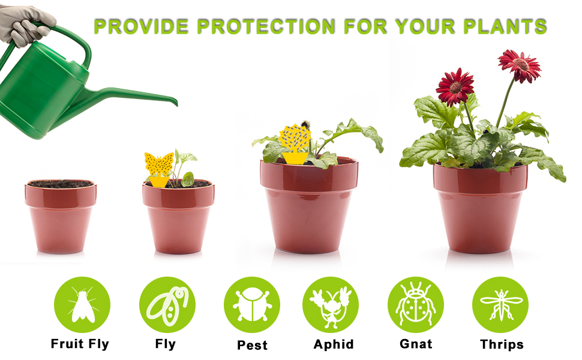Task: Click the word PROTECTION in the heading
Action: (x=265, y=26)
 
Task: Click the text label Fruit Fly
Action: (x=80, y=344)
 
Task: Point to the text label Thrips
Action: (x=502, y=344)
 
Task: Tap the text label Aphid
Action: (x=334, y=344)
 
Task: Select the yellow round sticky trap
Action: (x=295, y=139)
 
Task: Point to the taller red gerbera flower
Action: (x=520, y=65)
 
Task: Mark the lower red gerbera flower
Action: (x=455, y=88)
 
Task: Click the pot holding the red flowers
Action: (x=480, y=207)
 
